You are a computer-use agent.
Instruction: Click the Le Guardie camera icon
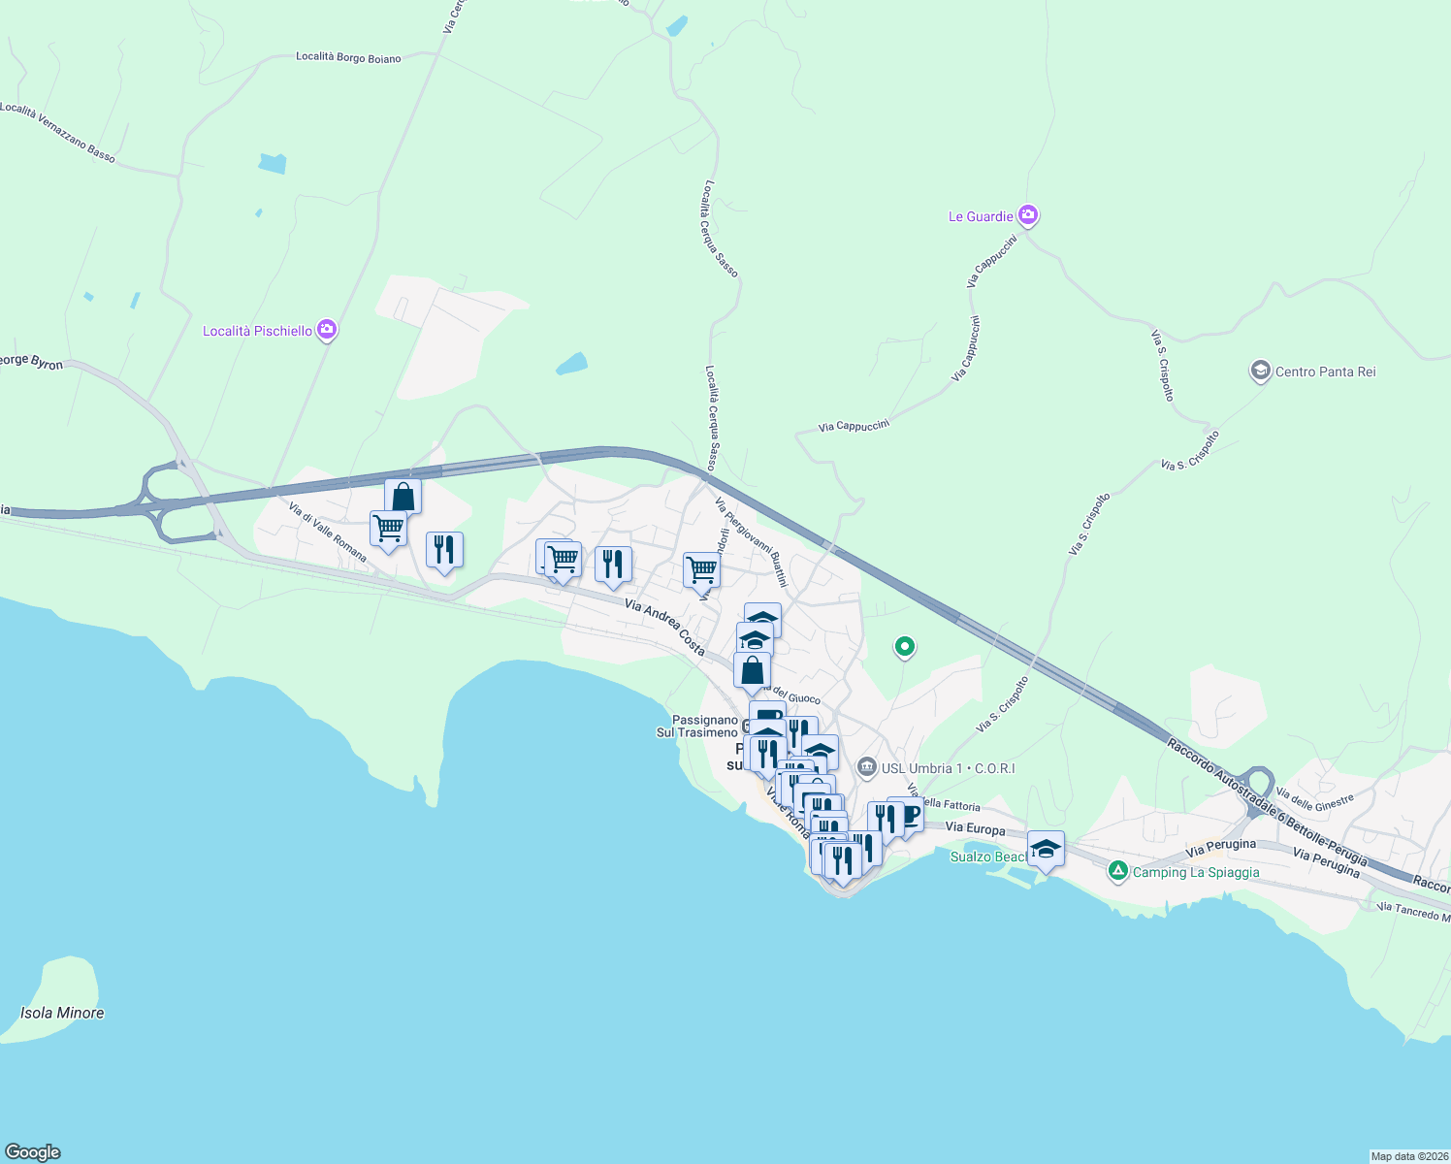pyautogui.click(x=1028, y=215)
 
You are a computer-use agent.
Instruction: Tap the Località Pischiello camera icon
pyautogui.click(x=327, y=330)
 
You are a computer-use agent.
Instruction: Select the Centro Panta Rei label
pyautogui.click(x=1325, y=372)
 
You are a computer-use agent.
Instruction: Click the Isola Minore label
pyautogui.click(x=62, y=1013)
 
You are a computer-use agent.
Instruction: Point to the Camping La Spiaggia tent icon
pyautogui.click(x=1118, y=871)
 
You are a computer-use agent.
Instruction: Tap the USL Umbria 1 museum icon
pyautogui.click(x=867, y=768)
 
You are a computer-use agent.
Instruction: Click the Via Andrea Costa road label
pyautogui.click(x=664, y=627)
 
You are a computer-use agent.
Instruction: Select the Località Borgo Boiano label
pyautogui.click(x=348, y=58)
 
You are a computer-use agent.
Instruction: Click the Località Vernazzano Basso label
pyautogui.click(x=58, y=132)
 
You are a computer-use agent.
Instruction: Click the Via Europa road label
pyautogui.click(x=975, y=828)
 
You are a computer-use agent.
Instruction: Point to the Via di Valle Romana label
pyautogui.click(x=328, y=532)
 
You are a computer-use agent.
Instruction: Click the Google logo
pyautogui.click(x=33, y=1152)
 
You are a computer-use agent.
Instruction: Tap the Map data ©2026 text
pyautogui.click(x=1408, y=1156)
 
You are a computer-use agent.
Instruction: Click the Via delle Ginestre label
pyautogui.click(x=1314, y=799)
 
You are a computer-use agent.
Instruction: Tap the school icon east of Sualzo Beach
pyautogui.click(x=1046, y=849)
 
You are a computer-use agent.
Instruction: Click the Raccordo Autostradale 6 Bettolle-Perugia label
pyautogui.click(x=1267, y=801)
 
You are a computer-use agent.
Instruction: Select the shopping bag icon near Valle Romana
pyautogui.click(x=403, y=497)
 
